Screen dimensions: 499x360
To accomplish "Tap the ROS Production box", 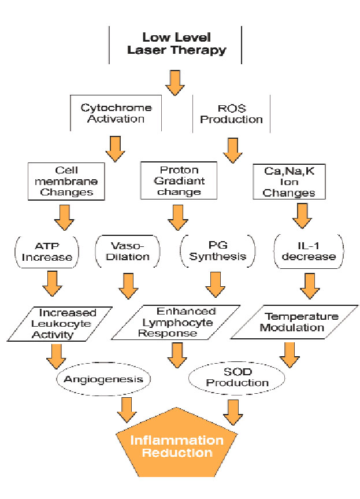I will pyautogui.click(x=231, y=113).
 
